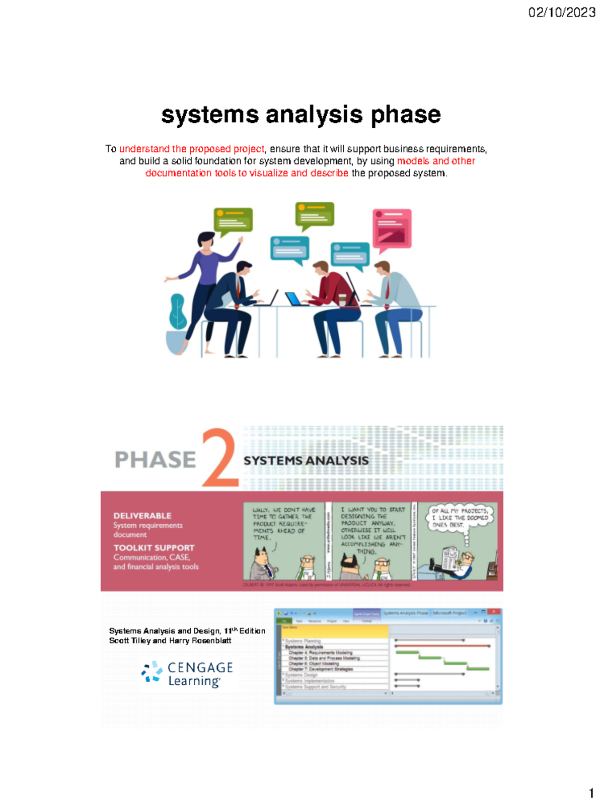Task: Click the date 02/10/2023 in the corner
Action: click(x=562, y=12)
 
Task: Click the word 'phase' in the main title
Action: click(x=406, y=115)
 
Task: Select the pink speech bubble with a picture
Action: click(x=392, y=229)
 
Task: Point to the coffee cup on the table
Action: click(x=342, y=300)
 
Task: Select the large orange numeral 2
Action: click(x=219, y=458)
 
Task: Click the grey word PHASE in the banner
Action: click(x=155, y=459)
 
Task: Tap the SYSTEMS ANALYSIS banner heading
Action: click(x=306, y=461)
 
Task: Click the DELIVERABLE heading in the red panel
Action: click(x=142, y=516)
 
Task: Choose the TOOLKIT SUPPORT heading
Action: click(x=154, y=547)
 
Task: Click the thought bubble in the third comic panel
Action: click(x=460, y=518)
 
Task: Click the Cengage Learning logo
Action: click(x=187, y=674)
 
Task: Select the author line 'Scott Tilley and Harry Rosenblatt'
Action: click(x=170, y=640)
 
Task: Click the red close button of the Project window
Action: click(x=494, y=612)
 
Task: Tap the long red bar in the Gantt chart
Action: click(x=443, y=646)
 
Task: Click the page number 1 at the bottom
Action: click(x=591, y=793)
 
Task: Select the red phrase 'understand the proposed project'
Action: click(x=191, y=149)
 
